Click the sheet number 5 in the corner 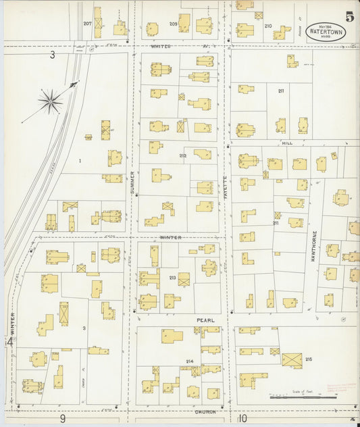pyautogui.click(x=349, y=16)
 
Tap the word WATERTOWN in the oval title pyautogui.click(x=326, y=32)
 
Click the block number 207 pyautogui.click(x=87, y=24)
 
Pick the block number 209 pyautogui.click(x=173, y=24)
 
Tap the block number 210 pyautogui.click(x=267, y=26)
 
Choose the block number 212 pyautogui.click(x=182, y=155)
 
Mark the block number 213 pyautogui.click(x=172, y=277)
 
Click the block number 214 pyautogui.click(x=190, y=361)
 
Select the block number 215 pyautogui.click(x=309, y=359)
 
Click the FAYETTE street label pyautogui.click(x=226, y=186)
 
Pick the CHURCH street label pyautogui.click(x=205, y=411)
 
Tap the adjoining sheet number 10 pyautogui.click(x=242, y=419)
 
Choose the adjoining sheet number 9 pyautogui.click(x=61, y=419)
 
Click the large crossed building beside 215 pyautogui.click(x=292, y=360)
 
